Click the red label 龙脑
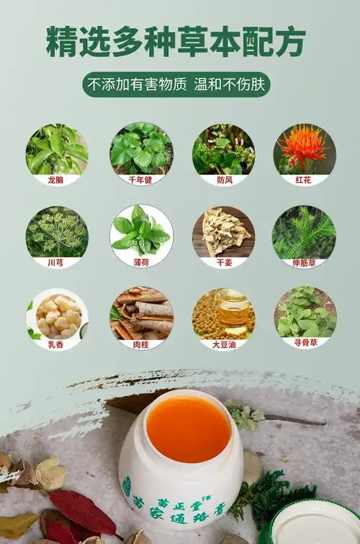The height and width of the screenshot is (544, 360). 56,180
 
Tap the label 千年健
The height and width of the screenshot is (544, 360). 140,180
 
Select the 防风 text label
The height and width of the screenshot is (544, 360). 225,180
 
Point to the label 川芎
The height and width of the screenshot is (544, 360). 56,262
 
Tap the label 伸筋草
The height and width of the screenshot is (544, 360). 304,262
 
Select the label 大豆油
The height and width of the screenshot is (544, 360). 224,345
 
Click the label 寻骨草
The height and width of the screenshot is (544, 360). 305,343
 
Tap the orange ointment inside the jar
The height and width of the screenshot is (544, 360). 189,430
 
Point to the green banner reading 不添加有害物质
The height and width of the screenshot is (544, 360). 176,84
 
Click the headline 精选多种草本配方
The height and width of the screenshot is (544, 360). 176,42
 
